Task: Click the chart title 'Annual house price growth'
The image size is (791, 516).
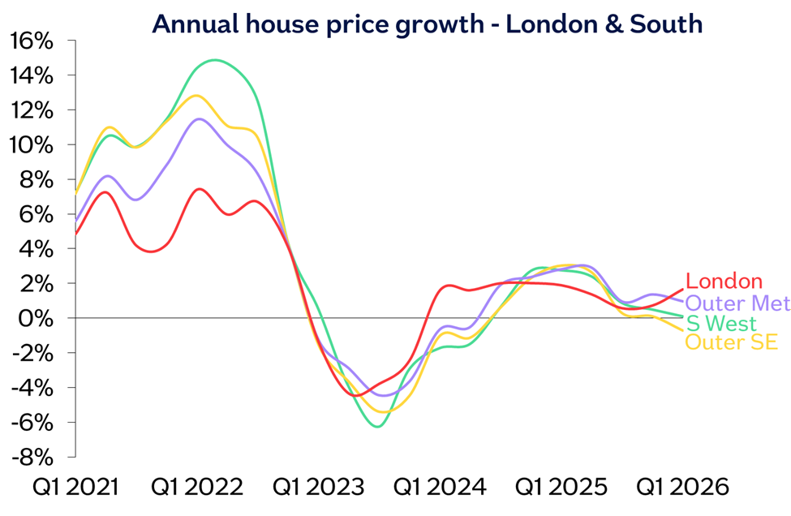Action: [318, 24]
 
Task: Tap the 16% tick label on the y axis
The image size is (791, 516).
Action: [32, 41]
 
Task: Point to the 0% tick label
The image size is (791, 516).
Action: [36, 319]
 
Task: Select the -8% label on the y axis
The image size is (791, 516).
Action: [32, 458]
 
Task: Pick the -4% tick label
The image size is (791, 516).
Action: [32, 389]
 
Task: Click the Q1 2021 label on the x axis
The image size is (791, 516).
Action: [75, 488]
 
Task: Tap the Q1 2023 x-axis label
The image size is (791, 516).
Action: [318, 488]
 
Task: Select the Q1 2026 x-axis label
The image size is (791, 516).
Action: [682, 488]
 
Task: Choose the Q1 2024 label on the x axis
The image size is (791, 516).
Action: [440, 488]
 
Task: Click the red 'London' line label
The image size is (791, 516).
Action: [724, 282]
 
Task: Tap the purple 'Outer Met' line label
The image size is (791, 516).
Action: [738, 303]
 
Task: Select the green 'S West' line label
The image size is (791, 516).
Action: [721, 324]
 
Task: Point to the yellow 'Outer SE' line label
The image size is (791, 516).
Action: [731, 342]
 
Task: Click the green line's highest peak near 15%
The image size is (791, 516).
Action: [216, 60]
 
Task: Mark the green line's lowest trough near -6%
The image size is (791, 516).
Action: [378, 427]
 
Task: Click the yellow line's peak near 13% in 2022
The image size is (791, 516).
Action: [196, 96]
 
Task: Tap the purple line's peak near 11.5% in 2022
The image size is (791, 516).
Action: [200, 119]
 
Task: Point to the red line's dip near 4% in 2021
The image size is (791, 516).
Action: [152, 252]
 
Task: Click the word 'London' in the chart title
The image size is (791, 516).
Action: [552, 24]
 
